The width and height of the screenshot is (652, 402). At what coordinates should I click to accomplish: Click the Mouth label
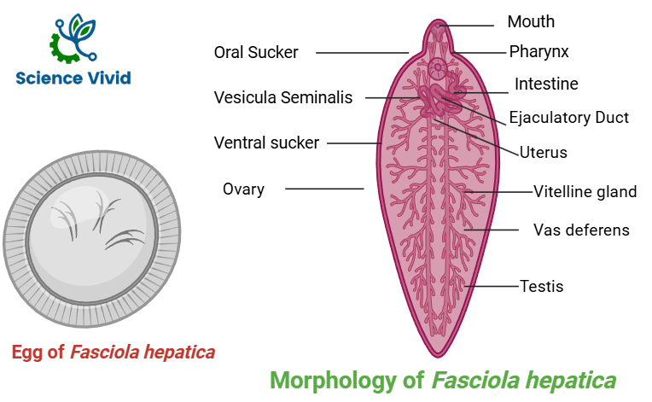[x=531, y=22]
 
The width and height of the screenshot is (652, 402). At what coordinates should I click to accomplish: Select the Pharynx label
[x=539, y=52]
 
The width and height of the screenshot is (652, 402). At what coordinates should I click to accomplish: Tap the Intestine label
[x=546, y=84]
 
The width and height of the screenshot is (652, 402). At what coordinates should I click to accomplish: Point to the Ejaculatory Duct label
[x=568, y=118]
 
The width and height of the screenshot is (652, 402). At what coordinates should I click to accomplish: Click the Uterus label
[x=544, y=153]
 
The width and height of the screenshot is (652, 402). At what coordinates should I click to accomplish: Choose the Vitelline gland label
[x=585, y=191]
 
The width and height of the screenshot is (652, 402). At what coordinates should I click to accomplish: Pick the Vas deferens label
[x=581, y=230]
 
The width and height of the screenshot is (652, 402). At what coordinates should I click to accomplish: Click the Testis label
[x=542, y=286]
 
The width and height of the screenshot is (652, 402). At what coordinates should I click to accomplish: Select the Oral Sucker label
[x=256, y=53]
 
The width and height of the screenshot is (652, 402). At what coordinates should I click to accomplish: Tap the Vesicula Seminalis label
[x=282, y=98]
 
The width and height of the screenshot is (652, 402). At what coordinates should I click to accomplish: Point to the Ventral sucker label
[x=266, y=143]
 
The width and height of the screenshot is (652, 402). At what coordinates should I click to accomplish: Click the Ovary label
[x=243, y=189]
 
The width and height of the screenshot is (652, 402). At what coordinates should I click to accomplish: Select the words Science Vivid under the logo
[x=73, y=79]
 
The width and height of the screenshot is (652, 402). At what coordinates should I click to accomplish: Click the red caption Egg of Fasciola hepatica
[x=114, y=352]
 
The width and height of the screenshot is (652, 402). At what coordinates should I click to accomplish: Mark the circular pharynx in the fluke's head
[x=438, y=66]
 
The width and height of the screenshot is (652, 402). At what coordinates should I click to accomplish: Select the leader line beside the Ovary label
[x=324, y=189]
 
